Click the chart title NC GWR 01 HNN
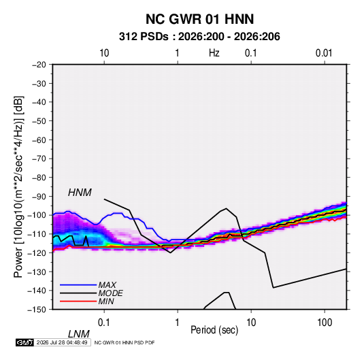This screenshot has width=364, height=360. click(199, 19)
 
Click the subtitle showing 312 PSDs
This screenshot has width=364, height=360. click(199, 37)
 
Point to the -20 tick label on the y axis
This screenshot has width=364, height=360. click(39, 65)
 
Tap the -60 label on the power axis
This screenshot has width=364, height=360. click(39, 140)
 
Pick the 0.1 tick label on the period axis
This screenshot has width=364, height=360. click(104, 323)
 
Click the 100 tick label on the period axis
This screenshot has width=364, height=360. click(325, 323)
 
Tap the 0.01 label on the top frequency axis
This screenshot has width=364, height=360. click(324, 53)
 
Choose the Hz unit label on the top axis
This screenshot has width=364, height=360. click(214, 53)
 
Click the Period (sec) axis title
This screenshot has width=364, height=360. click(214, 330)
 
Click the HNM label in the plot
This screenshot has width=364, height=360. click(80, 193)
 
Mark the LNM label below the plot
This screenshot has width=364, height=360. click(78, 334)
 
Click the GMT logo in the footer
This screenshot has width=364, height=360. click(24, 342)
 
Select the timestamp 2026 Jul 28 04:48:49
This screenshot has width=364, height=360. click(62, 342)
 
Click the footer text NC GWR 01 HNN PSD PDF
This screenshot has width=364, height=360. click(125, 342)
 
